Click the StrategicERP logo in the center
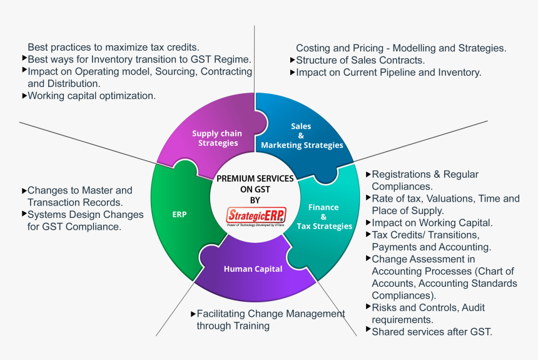(x=256, y=215)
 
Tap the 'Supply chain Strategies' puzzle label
(x=217, y=138)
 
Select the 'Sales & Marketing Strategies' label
(x=302, y=136)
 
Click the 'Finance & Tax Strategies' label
(x=324, y=216)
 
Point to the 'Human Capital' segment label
(x=253, y=269)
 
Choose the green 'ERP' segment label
(x=180, y=214)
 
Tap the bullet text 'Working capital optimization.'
(x=91, y=96)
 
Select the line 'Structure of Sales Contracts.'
(x=360, y=60)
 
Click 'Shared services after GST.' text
(x=432, y=332)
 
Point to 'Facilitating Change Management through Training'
(x=270, y=319)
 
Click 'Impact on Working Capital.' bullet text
(x=432, y=222)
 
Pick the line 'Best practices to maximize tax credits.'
(x=113, y=47)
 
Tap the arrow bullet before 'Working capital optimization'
(x=24, y=96)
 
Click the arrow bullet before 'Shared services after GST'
(x=368, y=330)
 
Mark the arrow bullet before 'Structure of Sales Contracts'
(x=292, y=59)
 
